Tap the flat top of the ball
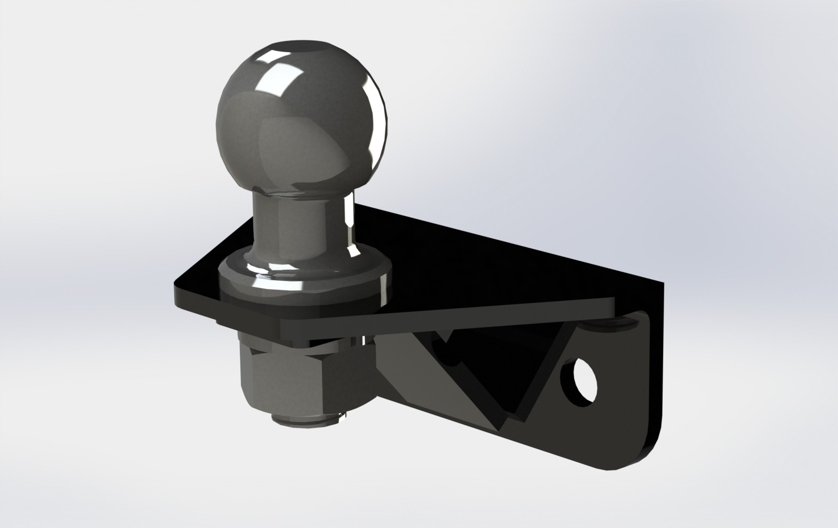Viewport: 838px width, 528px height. click(301, 44)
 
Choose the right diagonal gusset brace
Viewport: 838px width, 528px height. click(538, 373)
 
